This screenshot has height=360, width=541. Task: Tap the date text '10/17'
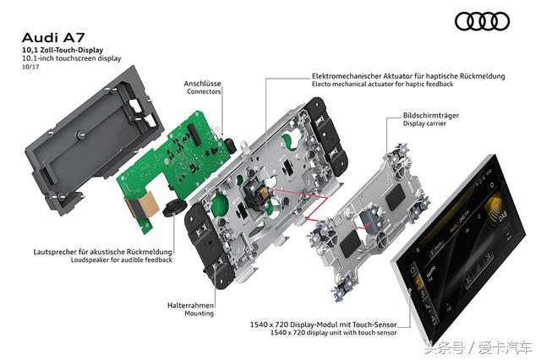32,68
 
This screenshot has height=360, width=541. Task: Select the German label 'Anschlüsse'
204,83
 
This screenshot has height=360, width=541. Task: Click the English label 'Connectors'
204,92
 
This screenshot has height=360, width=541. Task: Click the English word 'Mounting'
199,314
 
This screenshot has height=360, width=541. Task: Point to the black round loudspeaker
176,210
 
